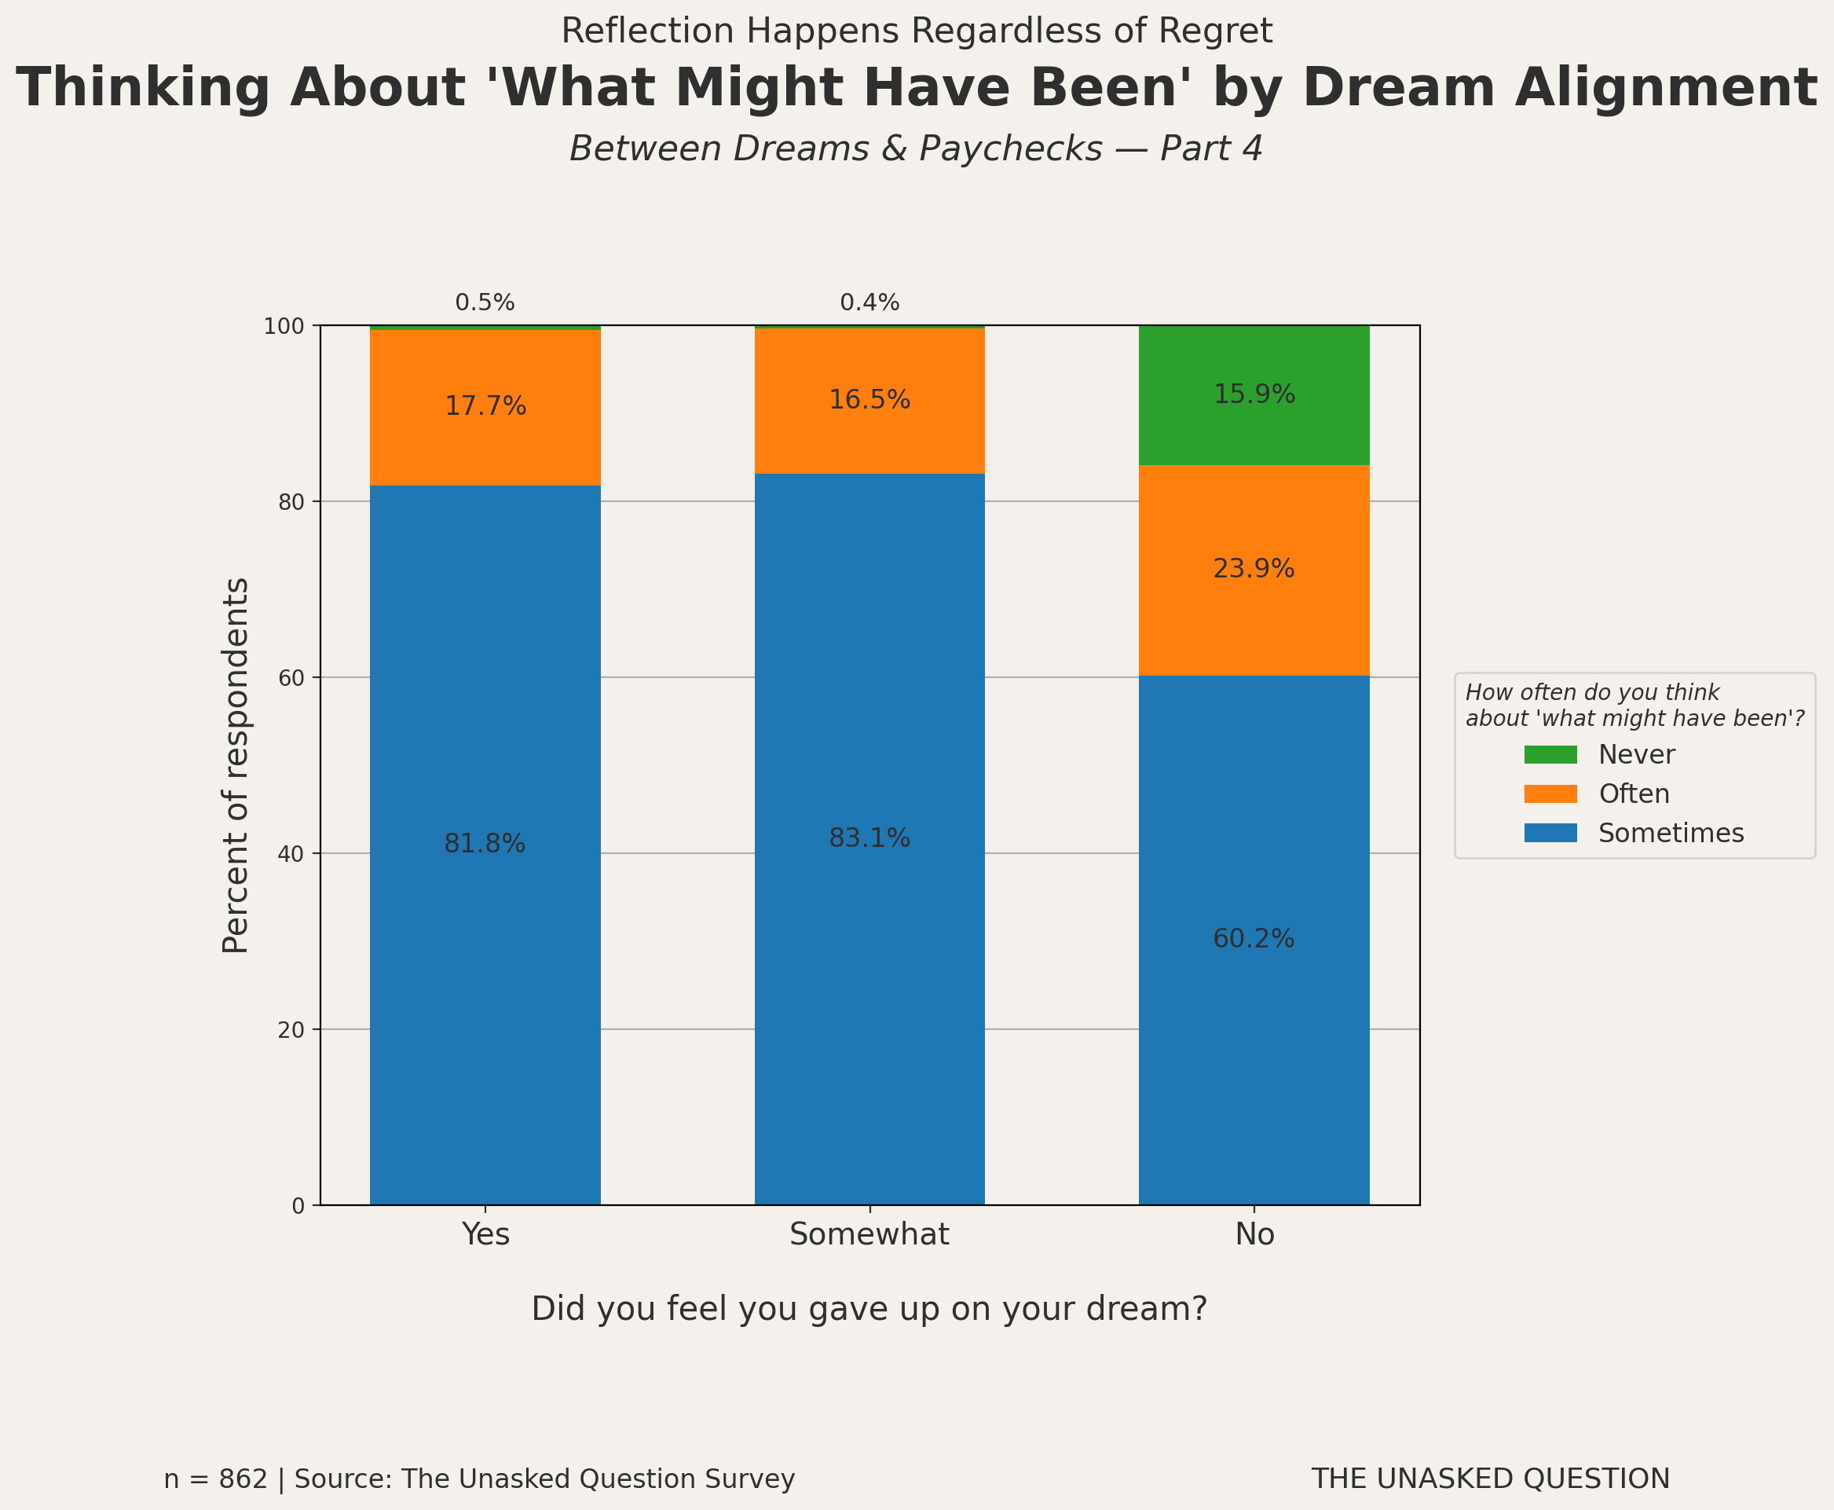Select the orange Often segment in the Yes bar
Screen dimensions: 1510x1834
click(485, 444)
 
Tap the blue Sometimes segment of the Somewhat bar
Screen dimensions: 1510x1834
click(869, 957)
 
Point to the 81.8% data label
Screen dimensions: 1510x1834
click(485, 844)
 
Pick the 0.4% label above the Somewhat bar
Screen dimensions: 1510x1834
click(869, 302)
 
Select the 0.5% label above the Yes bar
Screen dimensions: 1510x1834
click(485, 302)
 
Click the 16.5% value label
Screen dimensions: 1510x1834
click(869, 400)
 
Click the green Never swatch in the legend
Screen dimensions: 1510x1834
click(1550, 754)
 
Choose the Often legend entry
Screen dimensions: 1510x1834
click(1633, 793)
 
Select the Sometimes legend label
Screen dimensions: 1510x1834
click(1671, 834)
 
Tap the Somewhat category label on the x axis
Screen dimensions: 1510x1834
click(869, 1234)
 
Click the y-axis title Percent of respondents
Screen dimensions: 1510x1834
click(236, 765)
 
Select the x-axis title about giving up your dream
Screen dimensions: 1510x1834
click(869, 1308)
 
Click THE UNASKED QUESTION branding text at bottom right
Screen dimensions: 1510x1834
click(1490, 1479)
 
